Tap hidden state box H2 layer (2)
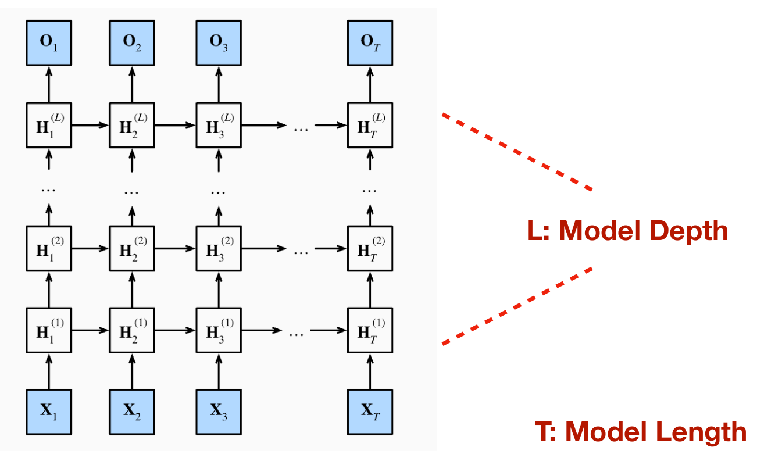pyautogui.click(x=132, y=248)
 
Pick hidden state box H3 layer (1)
pyautogui.click(x=219, y=330)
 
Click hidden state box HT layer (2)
pyautogui.click(x=370, y=248)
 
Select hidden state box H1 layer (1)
pyautogui.click(x=48, y=330)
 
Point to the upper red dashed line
pyautogui.click(x=517, y=151)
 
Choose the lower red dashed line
pyautogui.click(x=517, y=306)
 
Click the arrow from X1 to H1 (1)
pyautogui.click(x=48, y=371)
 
